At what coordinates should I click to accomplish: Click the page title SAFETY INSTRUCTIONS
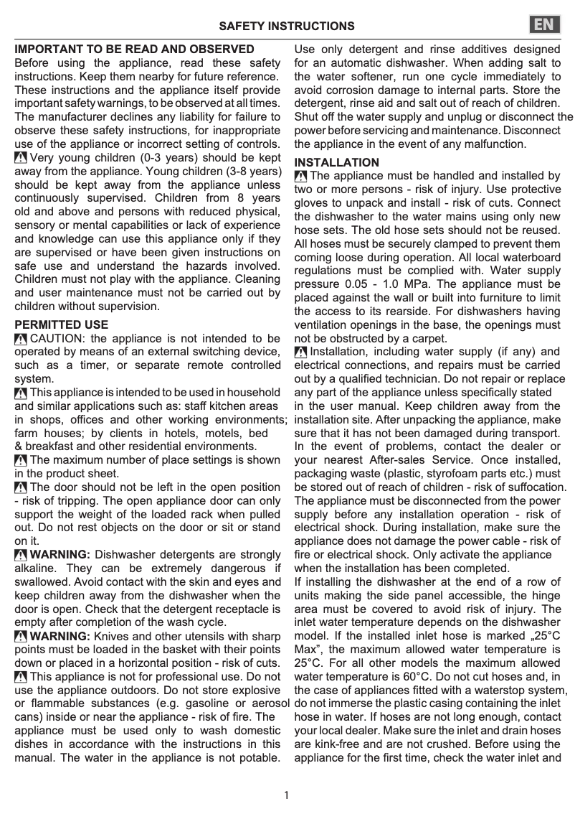tap(286, 27)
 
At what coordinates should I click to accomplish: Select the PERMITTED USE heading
tap(62, 325)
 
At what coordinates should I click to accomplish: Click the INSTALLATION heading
tap(337, 163)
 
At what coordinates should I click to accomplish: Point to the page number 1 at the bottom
tap(287, 795)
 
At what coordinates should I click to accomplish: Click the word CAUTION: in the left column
tap(59, 339)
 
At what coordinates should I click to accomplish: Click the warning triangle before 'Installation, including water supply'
tap(301, 352)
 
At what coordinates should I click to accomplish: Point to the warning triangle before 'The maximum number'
tap(21, 460)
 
